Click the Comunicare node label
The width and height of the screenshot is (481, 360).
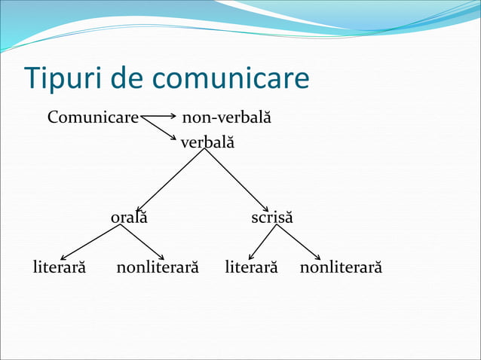pyautogui.click(x=93, y=118)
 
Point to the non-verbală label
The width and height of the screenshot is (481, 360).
pyautogui.click(x=226, y=118)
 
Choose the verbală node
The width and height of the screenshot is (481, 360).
pyautogui.click(x=207, y=141)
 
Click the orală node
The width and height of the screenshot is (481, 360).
pyautogui.click(x=129, y=218)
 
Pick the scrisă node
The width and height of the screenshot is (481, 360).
pyautogui.click(x=272, y=218)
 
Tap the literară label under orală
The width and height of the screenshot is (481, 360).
pyautogui.click(x=60, y=267)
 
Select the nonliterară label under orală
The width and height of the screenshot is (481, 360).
pyautogui.click(x=158, y=267)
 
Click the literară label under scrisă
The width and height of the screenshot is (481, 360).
pyautogui.click(x=252, y=267)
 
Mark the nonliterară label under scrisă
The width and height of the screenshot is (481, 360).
pyautogui.click(x=341, y=267)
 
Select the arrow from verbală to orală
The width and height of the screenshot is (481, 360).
pyautogui.click(x=170, y=180)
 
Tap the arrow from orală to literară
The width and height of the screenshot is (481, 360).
pyautogui.click(x=90, y=243)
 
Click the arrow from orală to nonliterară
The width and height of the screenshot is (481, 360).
pyautogui.click(x=142, y=243)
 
